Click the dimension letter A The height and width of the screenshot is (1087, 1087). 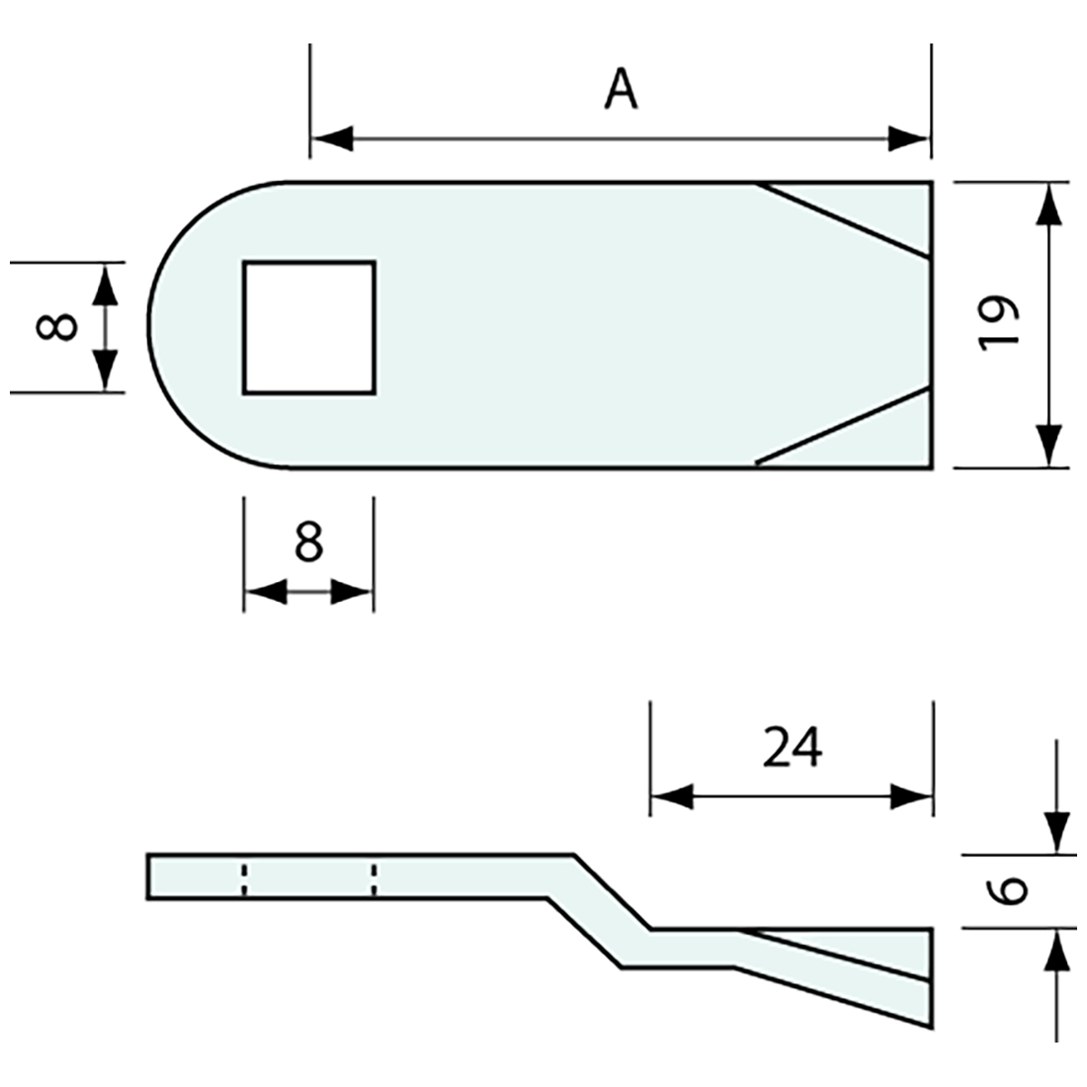click(621, 91)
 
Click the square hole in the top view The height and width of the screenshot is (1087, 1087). click(309, 327)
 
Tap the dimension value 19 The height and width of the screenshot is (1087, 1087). click(998, 322)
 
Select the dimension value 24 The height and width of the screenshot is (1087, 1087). click(792, 748)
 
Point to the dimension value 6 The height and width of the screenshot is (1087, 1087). click(1008, 889)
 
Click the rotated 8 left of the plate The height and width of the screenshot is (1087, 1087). click(56, 326)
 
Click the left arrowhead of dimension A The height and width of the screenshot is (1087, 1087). click(332, 139)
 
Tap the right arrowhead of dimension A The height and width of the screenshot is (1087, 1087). click(909, 139)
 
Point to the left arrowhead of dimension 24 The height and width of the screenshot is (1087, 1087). click(672, 796)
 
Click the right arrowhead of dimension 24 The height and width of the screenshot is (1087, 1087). click(911, 796)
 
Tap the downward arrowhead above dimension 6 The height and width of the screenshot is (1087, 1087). click(1057, 830)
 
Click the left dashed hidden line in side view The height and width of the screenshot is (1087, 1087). click(244, 878)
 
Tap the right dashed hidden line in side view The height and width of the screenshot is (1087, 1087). click(374, 878)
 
